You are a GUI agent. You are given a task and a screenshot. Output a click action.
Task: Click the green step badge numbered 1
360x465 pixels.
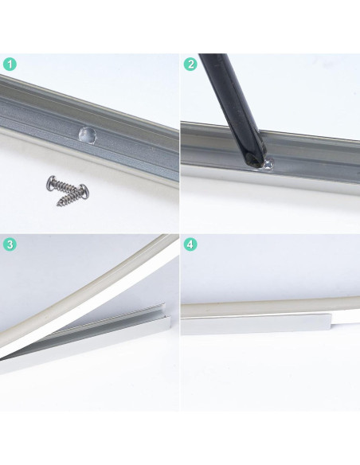(x=9, y=64)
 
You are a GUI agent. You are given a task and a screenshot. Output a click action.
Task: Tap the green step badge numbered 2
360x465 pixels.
(x=190, y=64)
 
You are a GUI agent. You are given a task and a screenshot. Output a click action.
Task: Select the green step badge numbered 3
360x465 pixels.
(x=9, y=244)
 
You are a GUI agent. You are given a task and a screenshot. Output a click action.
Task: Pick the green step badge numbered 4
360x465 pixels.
(x=190, y=244)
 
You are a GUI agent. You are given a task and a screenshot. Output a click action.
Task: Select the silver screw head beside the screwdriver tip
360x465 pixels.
(x=268, y=163)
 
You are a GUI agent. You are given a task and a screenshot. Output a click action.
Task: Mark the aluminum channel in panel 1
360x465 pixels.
(x=135, y=143)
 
